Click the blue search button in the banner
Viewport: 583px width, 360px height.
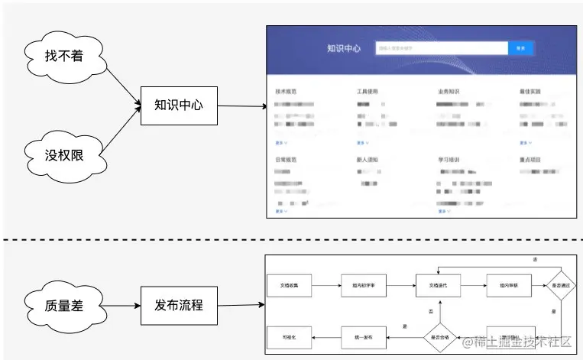[x=520, y=48]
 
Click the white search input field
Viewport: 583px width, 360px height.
[x=442, y=48]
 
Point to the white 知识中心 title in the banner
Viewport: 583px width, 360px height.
[x=343, y=48]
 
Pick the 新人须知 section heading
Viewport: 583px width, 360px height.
[x=367, y=160]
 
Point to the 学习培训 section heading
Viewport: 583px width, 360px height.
[x=449, y=160]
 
